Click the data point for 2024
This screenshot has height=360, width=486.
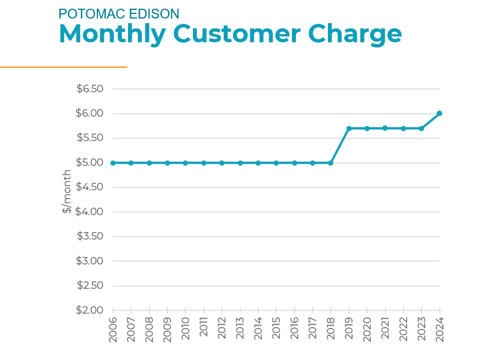click(x=440, y=113)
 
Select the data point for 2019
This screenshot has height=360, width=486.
click(x=349, y=128)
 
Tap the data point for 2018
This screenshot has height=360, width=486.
click(x=331, y=163)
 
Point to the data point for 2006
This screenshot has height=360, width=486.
click(x=113, y=163)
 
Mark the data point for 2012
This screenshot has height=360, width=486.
click(x=222, y=163)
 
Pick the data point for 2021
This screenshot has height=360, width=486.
click(x=385, y=128)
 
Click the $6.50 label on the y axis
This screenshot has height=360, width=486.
click(x=90, y=89)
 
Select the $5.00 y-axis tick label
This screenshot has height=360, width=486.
click(x=90, y=163)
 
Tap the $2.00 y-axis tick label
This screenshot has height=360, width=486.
click(x=90, y=310)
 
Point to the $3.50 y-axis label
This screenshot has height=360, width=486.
click(x=90, y=236)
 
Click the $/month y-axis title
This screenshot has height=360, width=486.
click(x=67, y=192)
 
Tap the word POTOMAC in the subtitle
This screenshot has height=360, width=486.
click(x=92, y=14)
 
